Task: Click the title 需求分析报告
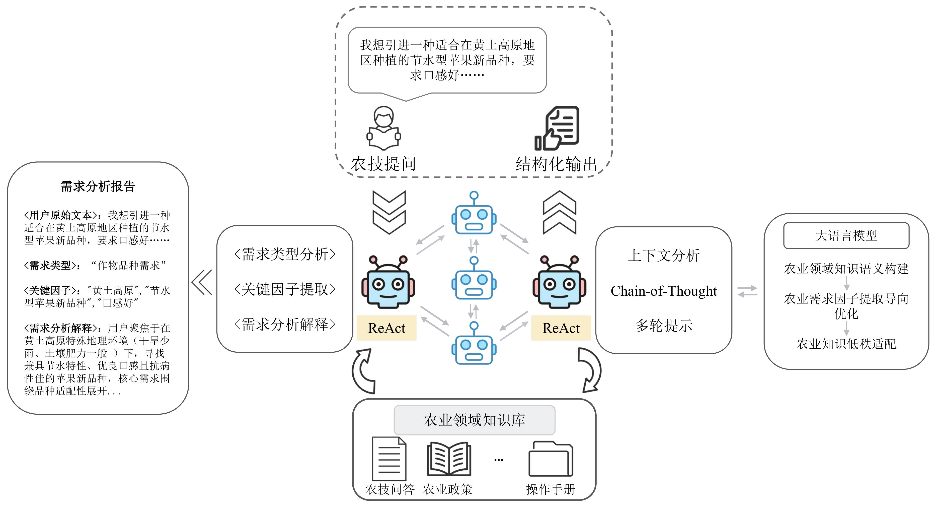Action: click(98, 186)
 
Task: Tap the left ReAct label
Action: click(386, 328)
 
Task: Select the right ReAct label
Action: click(561, 328)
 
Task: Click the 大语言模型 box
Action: click(846, 236)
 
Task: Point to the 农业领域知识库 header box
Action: click(474, 420)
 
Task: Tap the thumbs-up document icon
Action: click(557, 128)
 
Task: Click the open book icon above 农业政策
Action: click(449, 459)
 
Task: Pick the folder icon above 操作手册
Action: click(551, 459)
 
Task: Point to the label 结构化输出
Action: click(556, 164)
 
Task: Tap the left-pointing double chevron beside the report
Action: click(202, 282)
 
